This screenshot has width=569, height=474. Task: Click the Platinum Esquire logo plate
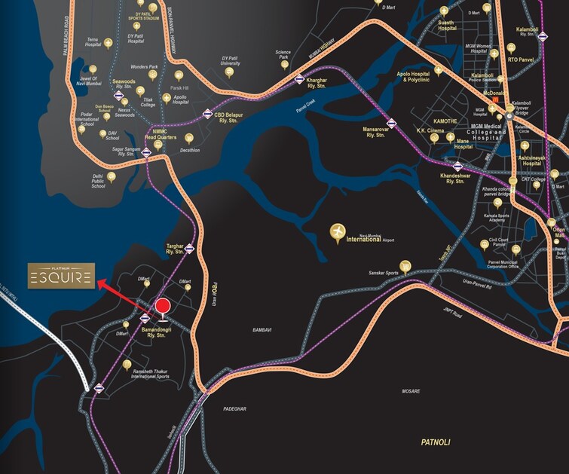click(62, 277)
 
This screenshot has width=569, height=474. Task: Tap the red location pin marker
click(162, 307)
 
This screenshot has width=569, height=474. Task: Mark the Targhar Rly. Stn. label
click(175, 249)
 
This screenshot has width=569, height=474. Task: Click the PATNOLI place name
click(435, 442)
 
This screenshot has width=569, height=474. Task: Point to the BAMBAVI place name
click(262, 330)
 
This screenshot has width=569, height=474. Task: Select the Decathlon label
click(189, 150)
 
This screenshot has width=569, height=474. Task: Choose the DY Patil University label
click(230, 61)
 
